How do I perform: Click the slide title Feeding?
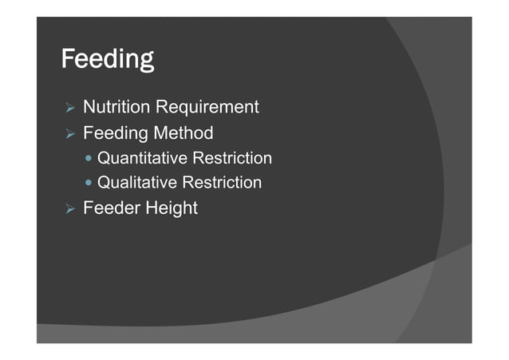pos(108,60)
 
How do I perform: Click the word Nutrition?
pos(116,107)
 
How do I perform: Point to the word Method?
pos(183,132)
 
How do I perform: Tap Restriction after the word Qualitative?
pos(223,183)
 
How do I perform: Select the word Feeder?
pos(110,208)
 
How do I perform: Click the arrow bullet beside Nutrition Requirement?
pos(69,108)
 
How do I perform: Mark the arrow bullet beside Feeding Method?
pos(69,133)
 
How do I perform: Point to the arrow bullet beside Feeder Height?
pos(69,209)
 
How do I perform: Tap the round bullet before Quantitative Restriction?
pos(89,159)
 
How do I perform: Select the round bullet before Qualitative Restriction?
pos(89,184)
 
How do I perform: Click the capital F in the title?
pos(69,59)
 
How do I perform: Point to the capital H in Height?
pos(150,208)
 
